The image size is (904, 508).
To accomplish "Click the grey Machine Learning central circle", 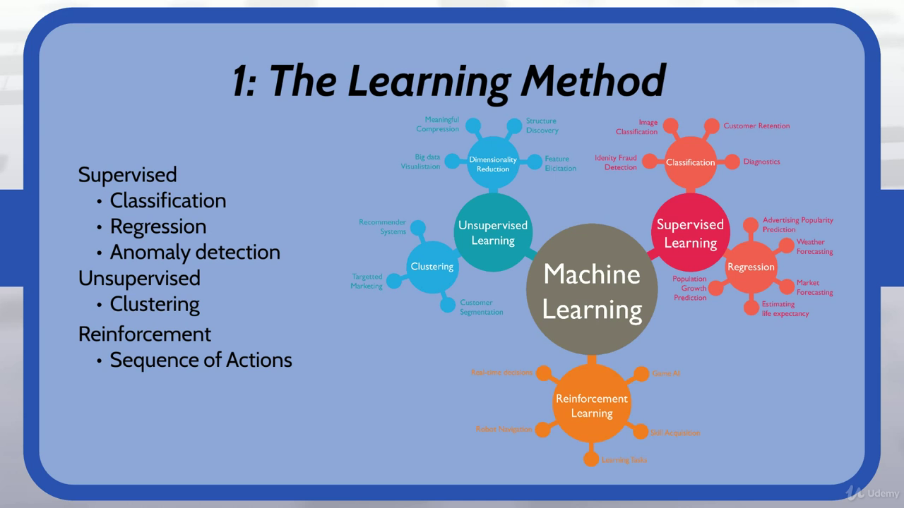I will coord(592,291).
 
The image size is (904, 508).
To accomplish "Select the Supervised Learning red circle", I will coord(690,233).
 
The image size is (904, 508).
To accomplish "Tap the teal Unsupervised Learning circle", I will coord(493,233).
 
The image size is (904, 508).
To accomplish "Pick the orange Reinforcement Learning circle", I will coord(592,406).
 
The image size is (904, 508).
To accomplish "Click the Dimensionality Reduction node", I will coord(493,164).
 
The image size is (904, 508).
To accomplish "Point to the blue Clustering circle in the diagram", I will coord(432,267).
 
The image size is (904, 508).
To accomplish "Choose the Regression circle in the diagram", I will coord(751,267).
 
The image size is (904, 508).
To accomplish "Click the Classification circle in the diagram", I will coord(690,162).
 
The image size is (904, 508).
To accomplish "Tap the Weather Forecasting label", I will coord(814,246).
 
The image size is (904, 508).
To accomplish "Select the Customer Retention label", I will coord(756,126).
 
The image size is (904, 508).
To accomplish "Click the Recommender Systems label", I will coord(382,226).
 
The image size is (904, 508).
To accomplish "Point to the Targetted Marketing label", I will coord(367,281).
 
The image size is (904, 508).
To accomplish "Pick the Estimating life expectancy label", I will coord(785,308).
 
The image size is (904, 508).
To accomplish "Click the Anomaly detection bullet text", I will coord(195,252).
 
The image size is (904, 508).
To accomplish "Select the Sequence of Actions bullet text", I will coord(201,360).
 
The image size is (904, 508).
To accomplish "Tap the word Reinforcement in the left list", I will coord(145,334).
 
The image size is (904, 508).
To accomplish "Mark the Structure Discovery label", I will coord(542,126).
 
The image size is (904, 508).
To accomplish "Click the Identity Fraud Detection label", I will coord(616,162).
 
